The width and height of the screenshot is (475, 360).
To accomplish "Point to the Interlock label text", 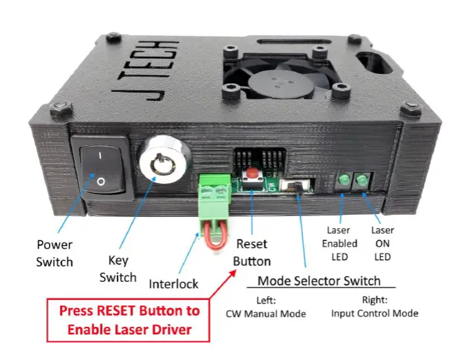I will (x=173, y=284).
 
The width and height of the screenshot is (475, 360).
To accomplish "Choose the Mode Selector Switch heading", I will (x=318, y=281).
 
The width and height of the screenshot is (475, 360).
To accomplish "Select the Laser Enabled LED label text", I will (x=341, y=243).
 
